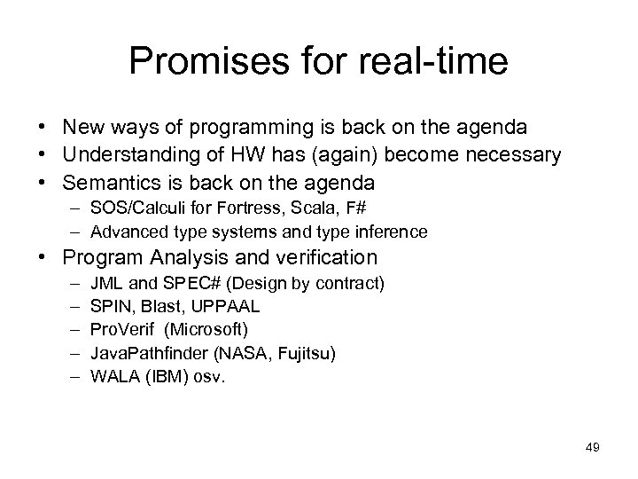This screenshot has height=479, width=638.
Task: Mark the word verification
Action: click(330, 258)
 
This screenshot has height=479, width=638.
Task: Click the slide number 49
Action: click(593, 448)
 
